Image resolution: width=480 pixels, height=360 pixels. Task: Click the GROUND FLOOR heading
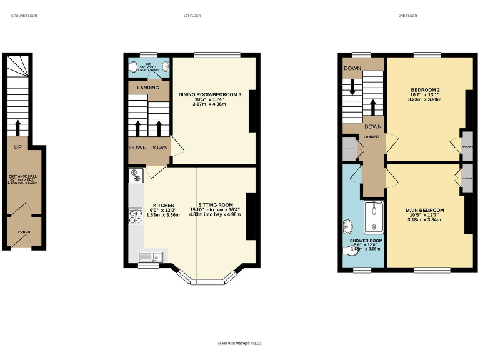(24, 15)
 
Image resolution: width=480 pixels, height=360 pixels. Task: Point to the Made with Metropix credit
(239, 343)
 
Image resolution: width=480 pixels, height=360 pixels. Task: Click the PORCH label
(23, 232)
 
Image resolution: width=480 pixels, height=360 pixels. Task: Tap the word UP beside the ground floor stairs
(18, 147)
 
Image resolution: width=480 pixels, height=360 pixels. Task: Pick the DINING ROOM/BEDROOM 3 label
(210, 94)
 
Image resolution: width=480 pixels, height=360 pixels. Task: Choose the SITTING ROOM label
(215, 205)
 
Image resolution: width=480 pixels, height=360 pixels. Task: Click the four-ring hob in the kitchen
(135, 216)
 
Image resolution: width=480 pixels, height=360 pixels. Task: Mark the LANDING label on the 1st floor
(144, 87)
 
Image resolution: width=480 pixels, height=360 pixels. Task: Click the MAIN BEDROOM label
(424, 210)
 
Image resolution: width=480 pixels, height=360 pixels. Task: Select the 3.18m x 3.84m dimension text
(424, 220)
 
